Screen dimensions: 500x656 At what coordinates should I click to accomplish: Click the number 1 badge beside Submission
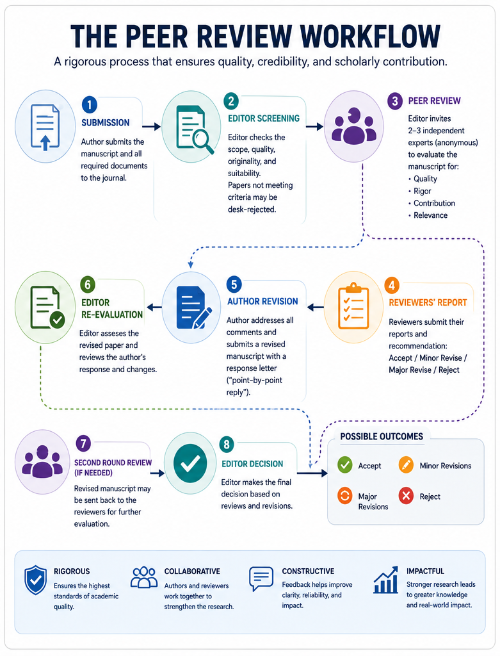tap(90, 104)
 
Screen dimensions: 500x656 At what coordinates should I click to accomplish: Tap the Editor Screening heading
tap(263, 119)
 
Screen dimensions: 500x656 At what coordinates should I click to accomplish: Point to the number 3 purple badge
tap(394, 101)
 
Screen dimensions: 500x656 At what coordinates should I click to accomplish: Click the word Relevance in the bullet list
tap(430, 215)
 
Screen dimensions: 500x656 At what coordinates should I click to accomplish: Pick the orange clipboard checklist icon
tap(353, 307)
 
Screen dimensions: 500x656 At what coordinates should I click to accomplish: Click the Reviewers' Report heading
tap(428, 302)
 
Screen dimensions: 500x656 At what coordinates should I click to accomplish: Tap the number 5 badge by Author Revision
tap(234, 284)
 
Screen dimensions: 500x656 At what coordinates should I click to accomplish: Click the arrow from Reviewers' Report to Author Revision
tap(315, 307)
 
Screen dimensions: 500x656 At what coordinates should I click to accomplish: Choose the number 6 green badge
tap(88, 284)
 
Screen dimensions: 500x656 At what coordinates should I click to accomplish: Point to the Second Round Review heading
tap(113, 468)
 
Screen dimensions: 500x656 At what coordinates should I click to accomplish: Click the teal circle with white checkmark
tap(190, 463)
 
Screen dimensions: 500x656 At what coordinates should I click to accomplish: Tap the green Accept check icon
tap(345, 465)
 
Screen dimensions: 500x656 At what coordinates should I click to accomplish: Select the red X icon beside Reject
tap(406, 496)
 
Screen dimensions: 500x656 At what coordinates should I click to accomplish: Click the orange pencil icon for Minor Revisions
tap(406, 465)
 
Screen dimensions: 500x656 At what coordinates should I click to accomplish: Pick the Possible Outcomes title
tap(382, 436)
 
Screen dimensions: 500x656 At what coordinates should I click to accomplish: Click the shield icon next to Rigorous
tap(36, 580)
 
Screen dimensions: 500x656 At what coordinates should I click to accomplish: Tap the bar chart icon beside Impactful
tap(386, 580)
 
